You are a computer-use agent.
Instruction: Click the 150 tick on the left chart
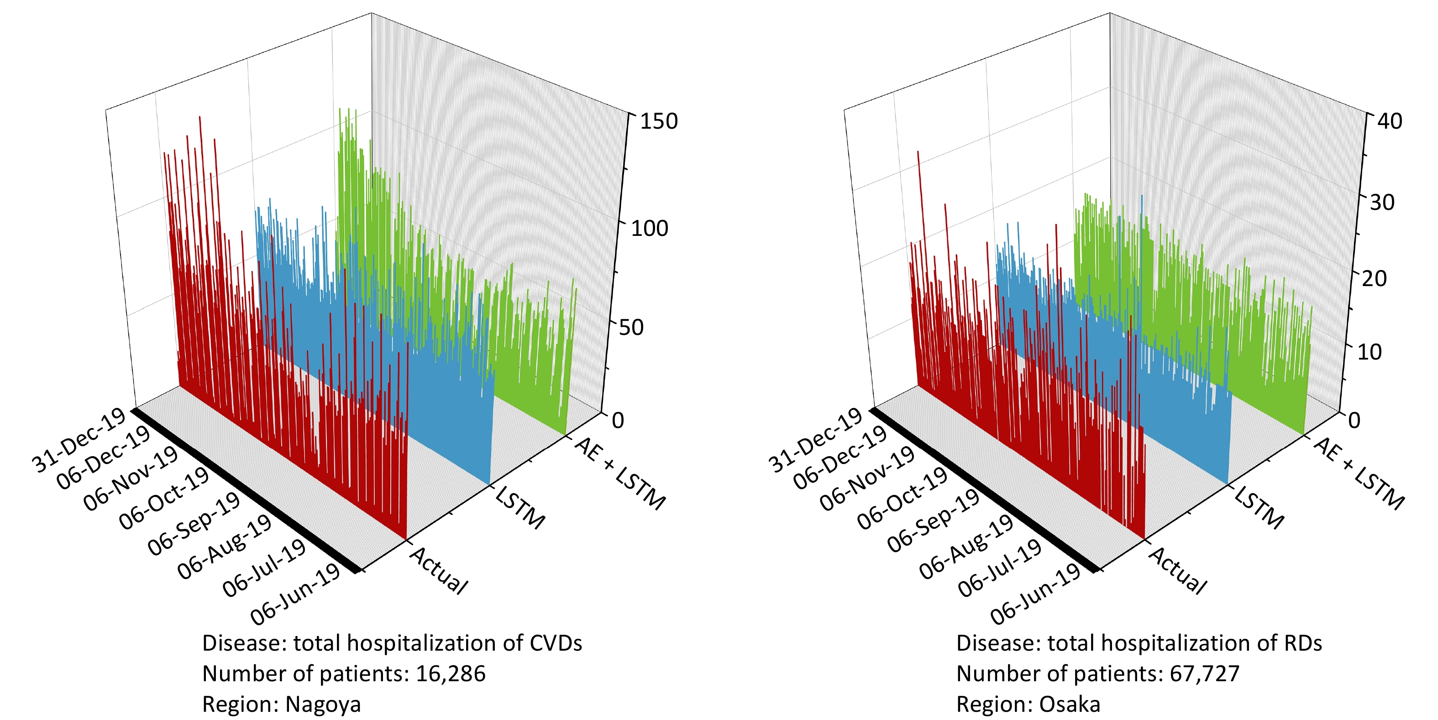tap(659, 121)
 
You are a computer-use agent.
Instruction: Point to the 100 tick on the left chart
tap(649, 228)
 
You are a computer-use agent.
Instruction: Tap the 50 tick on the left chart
tap(631, 327)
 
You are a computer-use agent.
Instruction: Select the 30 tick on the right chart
tap(1382, 202)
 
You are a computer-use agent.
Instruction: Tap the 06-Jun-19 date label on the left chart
tap(295, 594)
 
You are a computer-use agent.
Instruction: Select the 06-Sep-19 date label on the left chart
tap(193, 525)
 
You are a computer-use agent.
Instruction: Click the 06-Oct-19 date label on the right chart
tap(902, 497)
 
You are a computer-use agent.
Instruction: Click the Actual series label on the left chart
tap(439, 570)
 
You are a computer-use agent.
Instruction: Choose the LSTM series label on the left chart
tap(520, 507)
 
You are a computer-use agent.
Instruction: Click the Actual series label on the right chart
tap(1178, 570)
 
